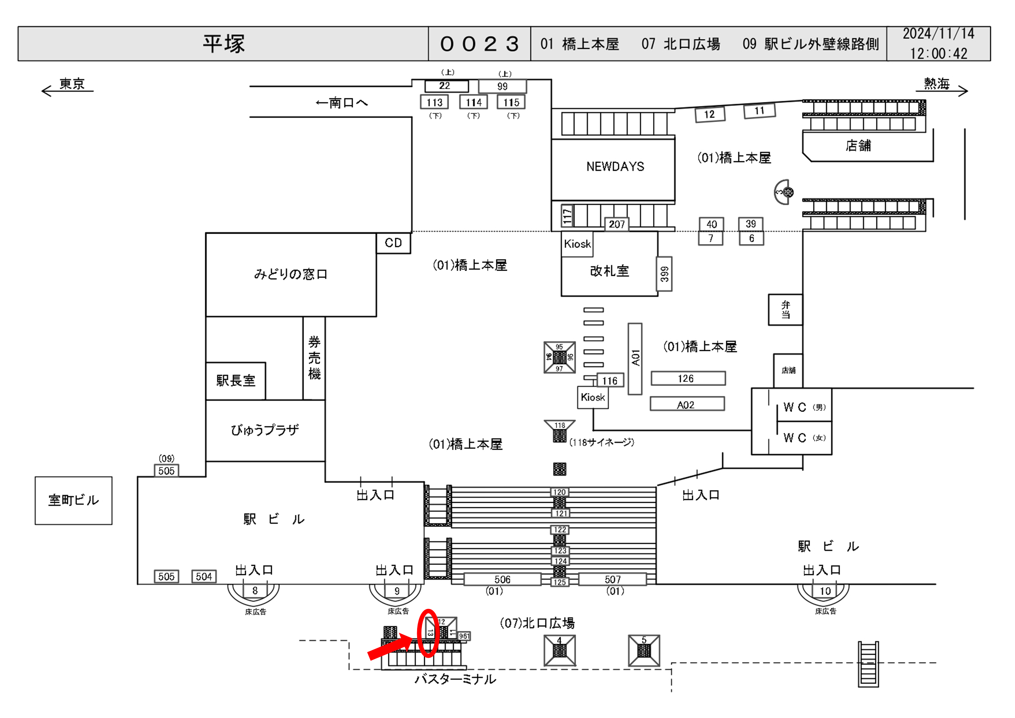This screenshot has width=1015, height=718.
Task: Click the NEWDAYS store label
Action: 615,167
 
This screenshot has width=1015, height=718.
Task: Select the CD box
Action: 393,243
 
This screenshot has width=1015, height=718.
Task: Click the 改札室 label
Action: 609,271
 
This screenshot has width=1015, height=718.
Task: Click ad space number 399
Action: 664,274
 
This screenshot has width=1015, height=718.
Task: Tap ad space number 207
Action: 617,224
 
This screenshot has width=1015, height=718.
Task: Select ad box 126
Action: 687,379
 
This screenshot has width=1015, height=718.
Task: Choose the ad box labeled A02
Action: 687,404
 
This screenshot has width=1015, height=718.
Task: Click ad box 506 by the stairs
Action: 502,579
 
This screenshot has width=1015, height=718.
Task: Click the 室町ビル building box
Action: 73,501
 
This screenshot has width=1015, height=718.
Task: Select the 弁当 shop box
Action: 785,309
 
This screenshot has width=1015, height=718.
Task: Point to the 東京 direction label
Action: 72,84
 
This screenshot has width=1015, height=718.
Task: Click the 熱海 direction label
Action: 936,84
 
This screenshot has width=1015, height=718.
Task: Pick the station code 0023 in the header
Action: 479,44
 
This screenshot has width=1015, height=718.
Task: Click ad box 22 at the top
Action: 446,86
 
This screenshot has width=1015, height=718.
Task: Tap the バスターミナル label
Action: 455,679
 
